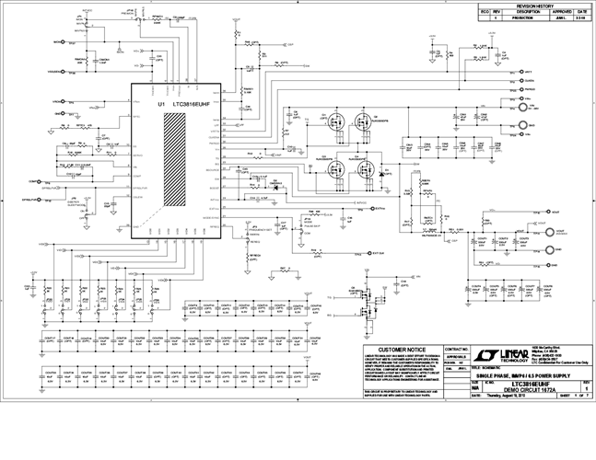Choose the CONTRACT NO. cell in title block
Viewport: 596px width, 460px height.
point(457,350)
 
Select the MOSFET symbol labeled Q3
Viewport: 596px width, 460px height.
point(330,169)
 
